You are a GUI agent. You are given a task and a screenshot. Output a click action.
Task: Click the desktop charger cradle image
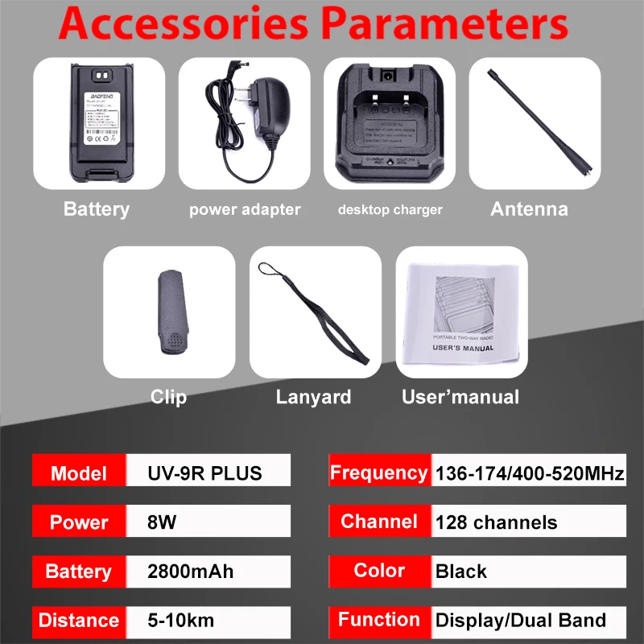pos(390,125)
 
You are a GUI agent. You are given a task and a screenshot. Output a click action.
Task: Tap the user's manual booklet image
pos(462,312)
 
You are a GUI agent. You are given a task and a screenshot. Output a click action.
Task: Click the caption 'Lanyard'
pos(313,397)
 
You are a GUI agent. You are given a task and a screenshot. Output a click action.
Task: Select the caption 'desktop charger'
pos(390,210)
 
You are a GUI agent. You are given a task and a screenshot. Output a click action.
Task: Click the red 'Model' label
pos(78,473)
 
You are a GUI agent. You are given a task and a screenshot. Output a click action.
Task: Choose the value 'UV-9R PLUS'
pos(204,473)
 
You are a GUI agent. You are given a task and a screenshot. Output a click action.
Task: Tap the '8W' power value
pos(162,522)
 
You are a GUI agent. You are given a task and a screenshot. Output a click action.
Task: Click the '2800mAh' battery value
pos(190,572)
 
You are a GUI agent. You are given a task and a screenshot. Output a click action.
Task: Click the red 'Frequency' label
pos(378,473)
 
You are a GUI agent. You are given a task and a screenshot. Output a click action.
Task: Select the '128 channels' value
pos(496,522)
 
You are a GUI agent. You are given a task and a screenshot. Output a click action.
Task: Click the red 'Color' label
pos(378,571)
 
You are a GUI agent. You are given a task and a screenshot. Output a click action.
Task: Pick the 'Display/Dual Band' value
pos(520,620)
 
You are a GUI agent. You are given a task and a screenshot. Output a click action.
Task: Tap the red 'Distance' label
pos(78,620)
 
